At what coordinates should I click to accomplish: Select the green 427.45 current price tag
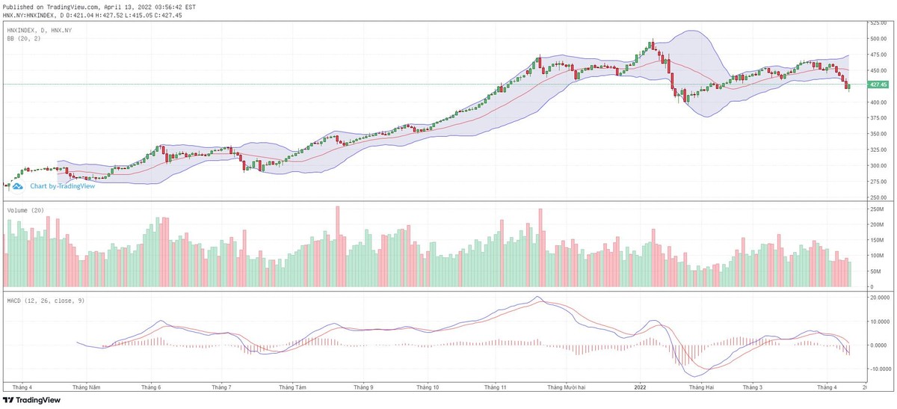[878, 84]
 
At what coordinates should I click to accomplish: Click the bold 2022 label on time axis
[639, 387]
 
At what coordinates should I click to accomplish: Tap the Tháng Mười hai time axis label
[566, 387]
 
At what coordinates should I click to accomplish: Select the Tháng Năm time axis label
[86, 387]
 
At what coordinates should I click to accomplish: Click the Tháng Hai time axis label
[702, 387]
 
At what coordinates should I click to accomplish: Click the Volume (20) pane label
[23, 211]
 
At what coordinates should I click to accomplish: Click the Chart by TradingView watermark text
[62, 186]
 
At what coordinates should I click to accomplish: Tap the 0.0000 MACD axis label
[878, 345]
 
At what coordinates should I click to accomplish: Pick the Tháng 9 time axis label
[363, 387]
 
